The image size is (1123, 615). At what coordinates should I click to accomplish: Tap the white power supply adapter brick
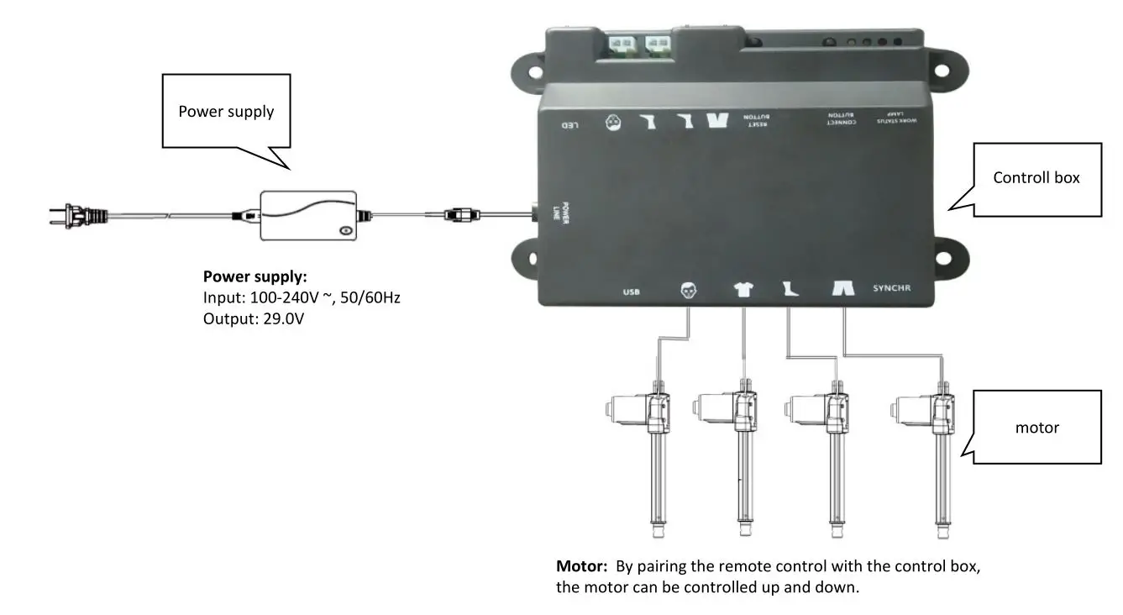pos(307,216)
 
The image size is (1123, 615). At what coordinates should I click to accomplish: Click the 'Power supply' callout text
pos(226,111)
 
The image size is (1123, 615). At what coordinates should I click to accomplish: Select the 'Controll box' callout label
pos(1036,177)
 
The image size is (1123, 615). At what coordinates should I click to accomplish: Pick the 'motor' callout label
pos(1036,428)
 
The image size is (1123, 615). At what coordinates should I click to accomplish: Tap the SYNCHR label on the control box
pos(891,288)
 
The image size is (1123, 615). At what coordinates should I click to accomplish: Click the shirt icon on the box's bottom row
pos(743,290)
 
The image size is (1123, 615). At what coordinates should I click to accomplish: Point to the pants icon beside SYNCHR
pos(843,289)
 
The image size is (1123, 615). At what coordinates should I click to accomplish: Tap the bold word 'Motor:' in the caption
pos(581,566)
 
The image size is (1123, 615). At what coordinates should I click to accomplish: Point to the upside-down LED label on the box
pos(571,126)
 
